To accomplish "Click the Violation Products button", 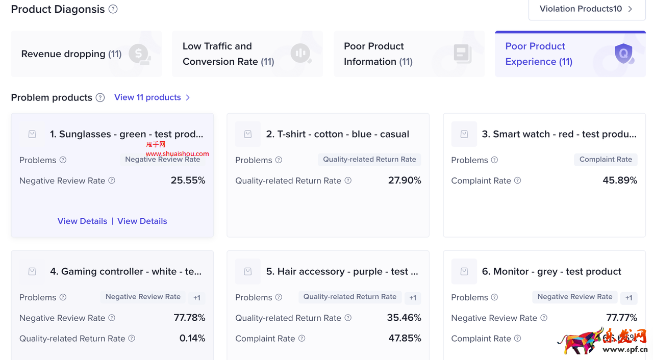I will [587, 9].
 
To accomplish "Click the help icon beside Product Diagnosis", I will [113, 9].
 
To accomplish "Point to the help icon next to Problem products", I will [101, 97].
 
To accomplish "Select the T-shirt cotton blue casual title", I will [337, 134].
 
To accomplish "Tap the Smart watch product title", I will [559, 134].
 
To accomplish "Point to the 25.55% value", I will [188, 181].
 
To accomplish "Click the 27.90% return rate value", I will [405, 181].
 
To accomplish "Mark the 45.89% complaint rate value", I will [620, 181].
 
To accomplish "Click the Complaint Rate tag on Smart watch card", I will [606, 160].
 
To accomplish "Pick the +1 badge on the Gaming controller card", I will [196, 298].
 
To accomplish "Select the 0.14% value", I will [192, 339].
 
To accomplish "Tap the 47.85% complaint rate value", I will [405, 339].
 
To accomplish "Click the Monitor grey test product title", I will [551, 272].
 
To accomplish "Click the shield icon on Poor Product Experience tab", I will [623, 53].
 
